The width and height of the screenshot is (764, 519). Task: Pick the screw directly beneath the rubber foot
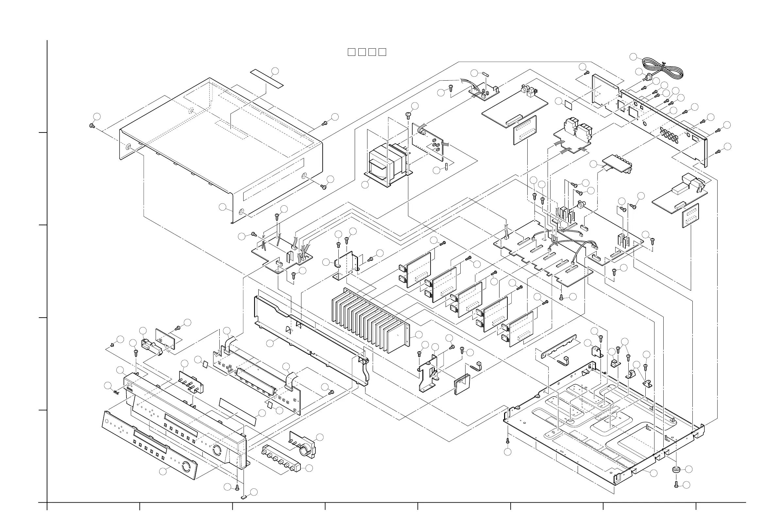point(676,484)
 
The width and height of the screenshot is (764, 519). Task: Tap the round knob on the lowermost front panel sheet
point(186,466)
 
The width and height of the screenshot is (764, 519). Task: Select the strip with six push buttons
point(281,459)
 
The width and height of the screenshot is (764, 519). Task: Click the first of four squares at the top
point(351,52)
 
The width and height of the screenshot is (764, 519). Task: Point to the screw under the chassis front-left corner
point(508,441)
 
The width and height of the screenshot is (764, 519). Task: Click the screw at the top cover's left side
point(92,125)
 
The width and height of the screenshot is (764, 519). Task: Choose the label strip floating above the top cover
point(267,78)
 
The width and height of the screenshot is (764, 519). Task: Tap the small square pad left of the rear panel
point(568,104)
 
